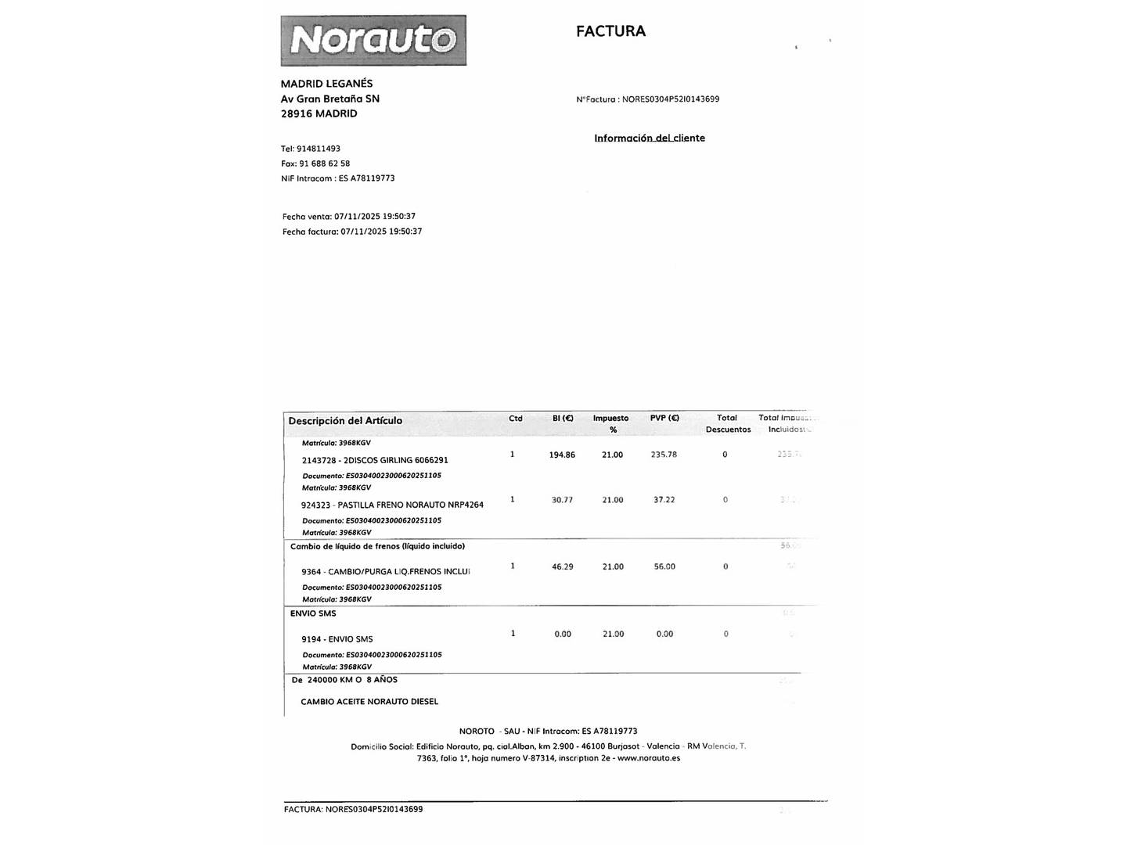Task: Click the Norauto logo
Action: (373, 40)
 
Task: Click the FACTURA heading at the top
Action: (610, 31)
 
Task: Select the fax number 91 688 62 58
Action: (324, 164)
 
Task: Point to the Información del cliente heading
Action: (649, 138)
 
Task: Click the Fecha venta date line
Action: (348, 217)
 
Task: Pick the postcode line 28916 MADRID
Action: (319, 113)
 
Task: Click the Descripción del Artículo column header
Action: (345, 421)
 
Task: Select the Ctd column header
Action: (515, 419)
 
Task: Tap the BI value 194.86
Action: (562, 455)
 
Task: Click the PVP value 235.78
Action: (664, 455)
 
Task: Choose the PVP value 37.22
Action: (664, 500)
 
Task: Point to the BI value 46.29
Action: (562, 566)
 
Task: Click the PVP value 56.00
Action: (664, 566)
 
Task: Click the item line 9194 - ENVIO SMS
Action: (337, 639)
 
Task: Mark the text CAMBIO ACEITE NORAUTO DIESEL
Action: (369, 702)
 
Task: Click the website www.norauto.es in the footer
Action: (648, 758)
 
